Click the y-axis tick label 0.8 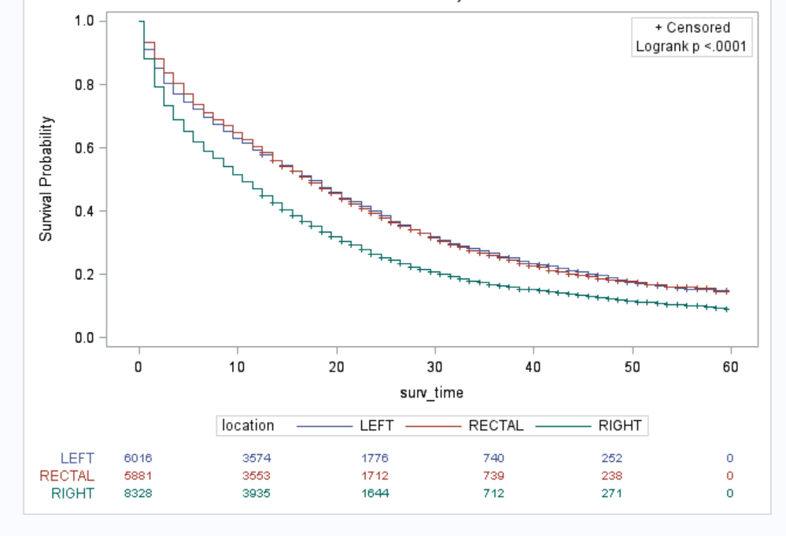pos(84,85)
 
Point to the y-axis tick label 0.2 pos(84,275)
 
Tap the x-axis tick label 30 pos(434,367)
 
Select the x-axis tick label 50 pos(631,367)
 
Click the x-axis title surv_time pos(431,393)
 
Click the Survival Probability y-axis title pos(47,179)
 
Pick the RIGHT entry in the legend pos(619,426)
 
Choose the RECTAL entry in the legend pos(496,426)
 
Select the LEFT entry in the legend pos(376,426)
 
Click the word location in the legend pos(248,426)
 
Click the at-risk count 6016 pos(138,458)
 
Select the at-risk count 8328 pos(138,493)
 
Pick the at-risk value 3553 pos(256,475)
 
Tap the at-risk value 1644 pos(375,493)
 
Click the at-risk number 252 pos(611,458)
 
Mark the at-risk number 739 pos(493,475)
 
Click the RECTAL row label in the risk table pos(67,475)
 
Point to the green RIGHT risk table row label pos(72,493)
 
